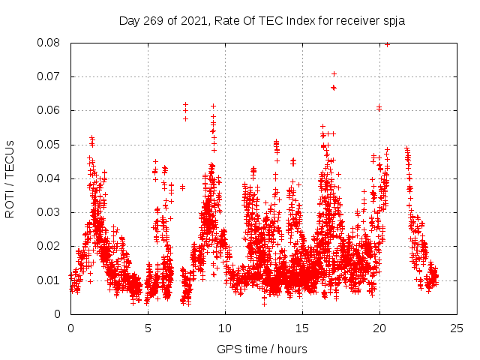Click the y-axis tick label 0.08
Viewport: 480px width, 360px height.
[x=50, y=43]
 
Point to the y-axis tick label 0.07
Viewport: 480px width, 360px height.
[x=50, y=76]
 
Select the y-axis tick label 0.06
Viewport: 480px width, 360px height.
[x=50, y=110]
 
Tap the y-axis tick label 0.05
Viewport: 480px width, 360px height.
[x=50, y=145]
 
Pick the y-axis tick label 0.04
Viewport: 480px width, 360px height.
[x=50, y=178]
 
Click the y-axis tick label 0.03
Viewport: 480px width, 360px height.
[x=50, y=212]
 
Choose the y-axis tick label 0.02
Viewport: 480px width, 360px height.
[x=50, y=246]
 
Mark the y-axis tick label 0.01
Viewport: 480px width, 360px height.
[x=50, y=280]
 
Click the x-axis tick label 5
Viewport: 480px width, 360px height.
[x=148, y=328]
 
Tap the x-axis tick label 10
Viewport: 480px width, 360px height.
[x=225, y=328]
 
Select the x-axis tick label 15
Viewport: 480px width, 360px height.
[x=302, y=328]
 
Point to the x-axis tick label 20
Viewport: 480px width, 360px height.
[x=379, y=328]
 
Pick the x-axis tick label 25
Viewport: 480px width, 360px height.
[x=457, y=328]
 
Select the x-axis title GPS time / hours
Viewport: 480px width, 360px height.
[x=262, y=349]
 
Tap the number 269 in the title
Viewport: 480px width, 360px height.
[x=154, y=20]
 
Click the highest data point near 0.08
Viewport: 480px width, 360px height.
[x=387, y=44]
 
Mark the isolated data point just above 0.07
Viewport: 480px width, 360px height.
[x=334, y=73]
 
